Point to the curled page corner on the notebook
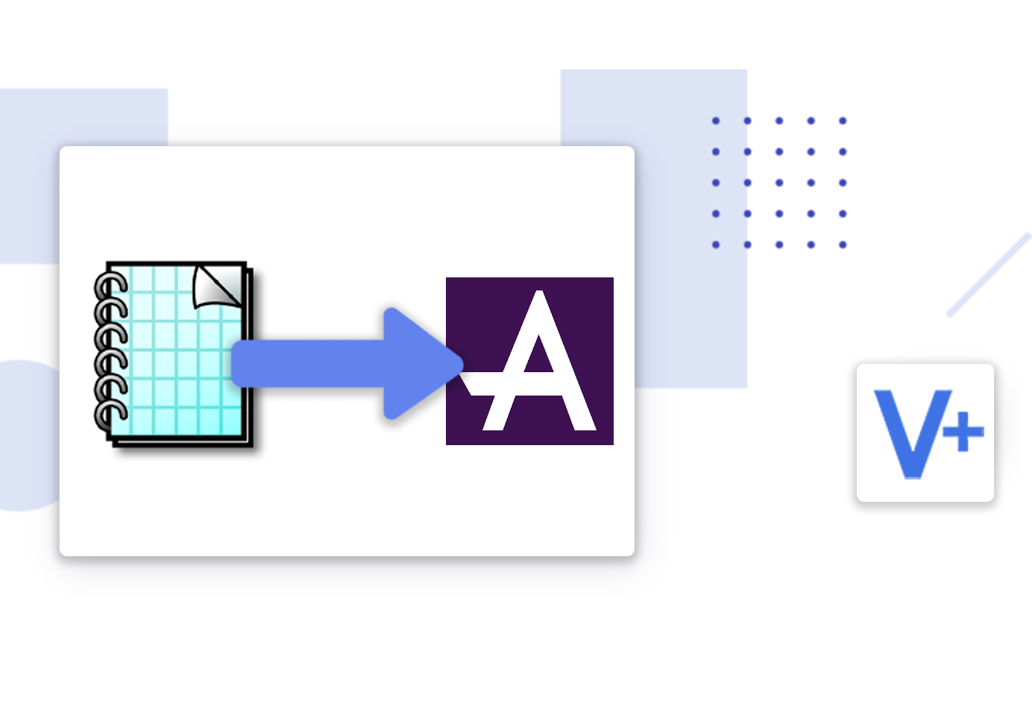pyautogui.click(x=217, y=286)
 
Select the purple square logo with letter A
pyautogui.click(x=529, y=361)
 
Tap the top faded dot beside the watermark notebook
pyautogui.click(x=716, y=120)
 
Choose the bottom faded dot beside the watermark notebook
pyautogui.click(x=716, y=245)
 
